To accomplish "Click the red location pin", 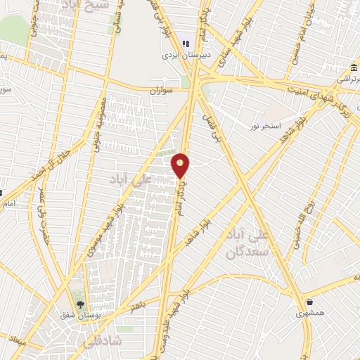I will [181, 165].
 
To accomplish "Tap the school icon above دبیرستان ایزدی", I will [186, 43].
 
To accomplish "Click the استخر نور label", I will [264, 126].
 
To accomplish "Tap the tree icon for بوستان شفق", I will [79, 304].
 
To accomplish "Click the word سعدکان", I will [244, 252].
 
